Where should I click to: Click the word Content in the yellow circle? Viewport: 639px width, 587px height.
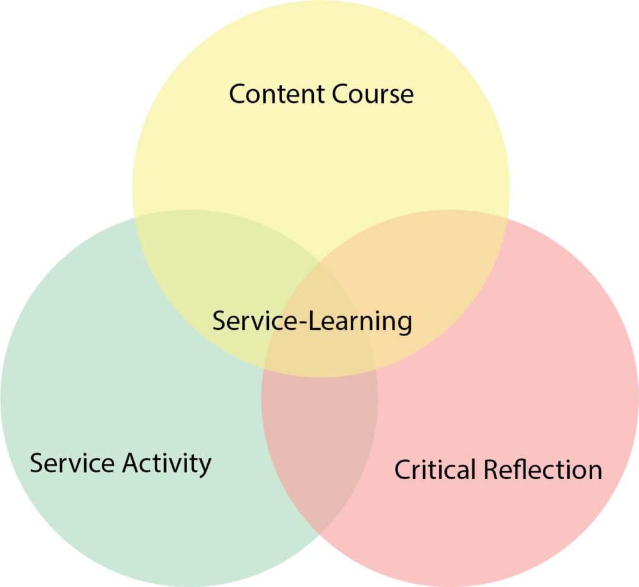[x=277, y=94]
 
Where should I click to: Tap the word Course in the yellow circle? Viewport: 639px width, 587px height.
[x=373, y=94]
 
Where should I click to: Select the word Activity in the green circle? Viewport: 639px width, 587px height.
[x=167, y=464]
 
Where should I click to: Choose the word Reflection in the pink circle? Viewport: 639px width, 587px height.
[x=543, y=470]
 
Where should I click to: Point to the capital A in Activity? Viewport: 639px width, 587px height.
[x=131, y=463]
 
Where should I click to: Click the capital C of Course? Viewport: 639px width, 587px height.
[x=340, y=94]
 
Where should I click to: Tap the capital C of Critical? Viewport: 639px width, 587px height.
[x=403, y=470]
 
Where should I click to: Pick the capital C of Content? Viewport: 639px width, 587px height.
[x=238, y=94]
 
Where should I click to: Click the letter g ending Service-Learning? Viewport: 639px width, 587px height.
[x=404, y=324]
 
